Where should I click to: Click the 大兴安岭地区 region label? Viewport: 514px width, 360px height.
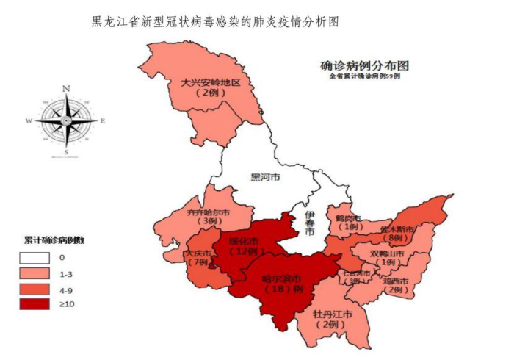[x=211, y=82]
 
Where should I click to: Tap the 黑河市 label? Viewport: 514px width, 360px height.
[x=266, y=177]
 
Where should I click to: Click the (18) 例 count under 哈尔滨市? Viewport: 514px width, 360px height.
[x=283, y=289]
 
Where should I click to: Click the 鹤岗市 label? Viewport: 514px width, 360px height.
[x=348, y=218]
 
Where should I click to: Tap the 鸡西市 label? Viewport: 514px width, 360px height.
[x=397, y=280]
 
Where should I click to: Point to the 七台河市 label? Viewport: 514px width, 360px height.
[x=356, y=273]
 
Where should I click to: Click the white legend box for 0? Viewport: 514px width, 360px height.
[x=35, y=257]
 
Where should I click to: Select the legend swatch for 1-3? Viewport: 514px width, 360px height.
[x=35, y=273]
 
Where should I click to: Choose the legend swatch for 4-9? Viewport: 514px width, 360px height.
[x=35, y=289]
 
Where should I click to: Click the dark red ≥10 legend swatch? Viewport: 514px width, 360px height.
[x=35, y=306]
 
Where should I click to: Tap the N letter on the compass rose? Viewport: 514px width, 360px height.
[x=66, y=89]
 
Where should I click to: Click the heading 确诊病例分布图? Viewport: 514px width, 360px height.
[x=364, y=64]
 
